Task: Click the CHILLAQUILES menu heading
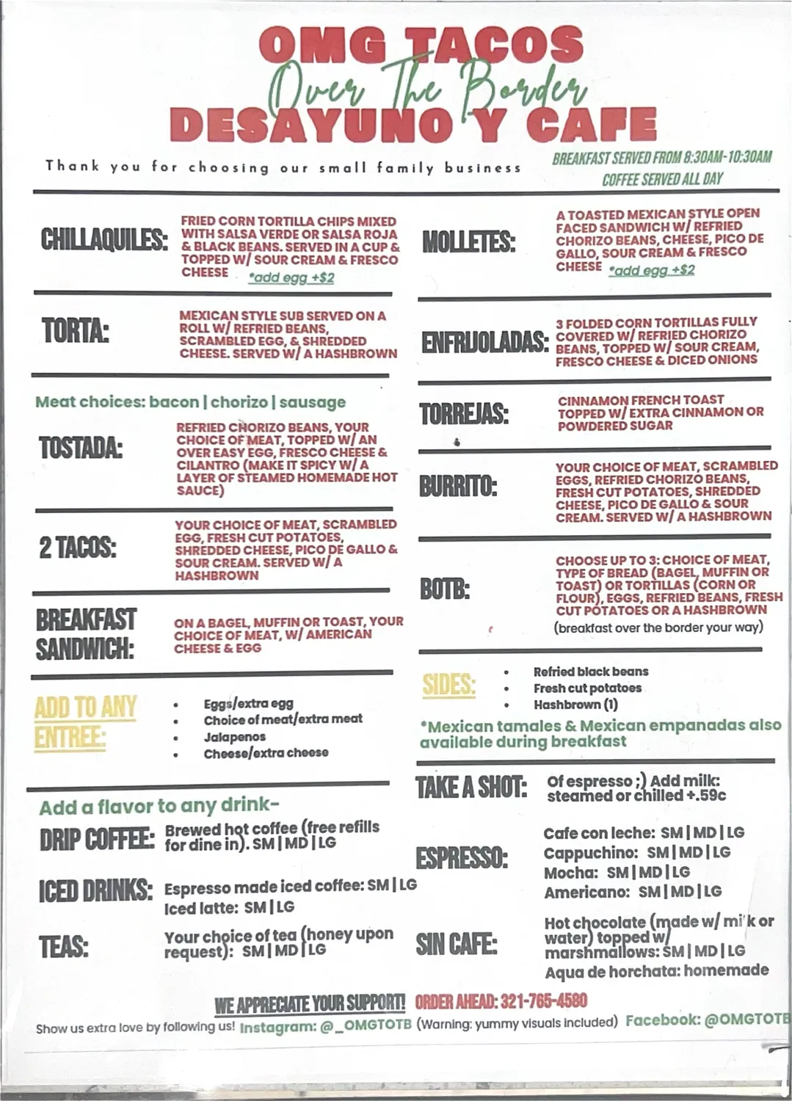(x=104, y=240)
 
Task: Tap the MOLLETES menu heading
(x=468, y=242)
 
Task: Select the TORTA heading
(x=75, y=331)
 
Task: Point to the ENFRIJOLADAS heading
(x=484, y=342)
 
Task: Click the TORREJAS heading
(x=464, y=414)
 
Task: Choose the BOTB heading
(x=444, y=589)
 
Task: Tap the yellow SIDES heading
(x=448, y=686)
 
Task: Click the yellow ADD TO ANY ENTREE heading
(x=85, y=722)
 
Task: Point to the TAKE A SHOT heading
(x=471, y=788)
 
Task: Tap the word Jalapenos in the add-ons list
(x=235, y=737)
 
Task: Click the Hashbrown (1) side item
(x=575, y=705)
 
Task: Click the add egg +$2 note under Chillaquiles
(x=291, y=278)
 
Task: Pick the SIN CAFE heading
(x=456, y=944)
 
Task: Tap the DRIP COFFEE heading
(x=97, y=840)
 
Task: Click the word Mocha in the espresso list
(x=571, y=873)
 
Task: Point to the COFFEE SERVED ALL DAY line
(x=662, y=179)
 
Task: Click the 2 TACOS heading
(x=78, y=548)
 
